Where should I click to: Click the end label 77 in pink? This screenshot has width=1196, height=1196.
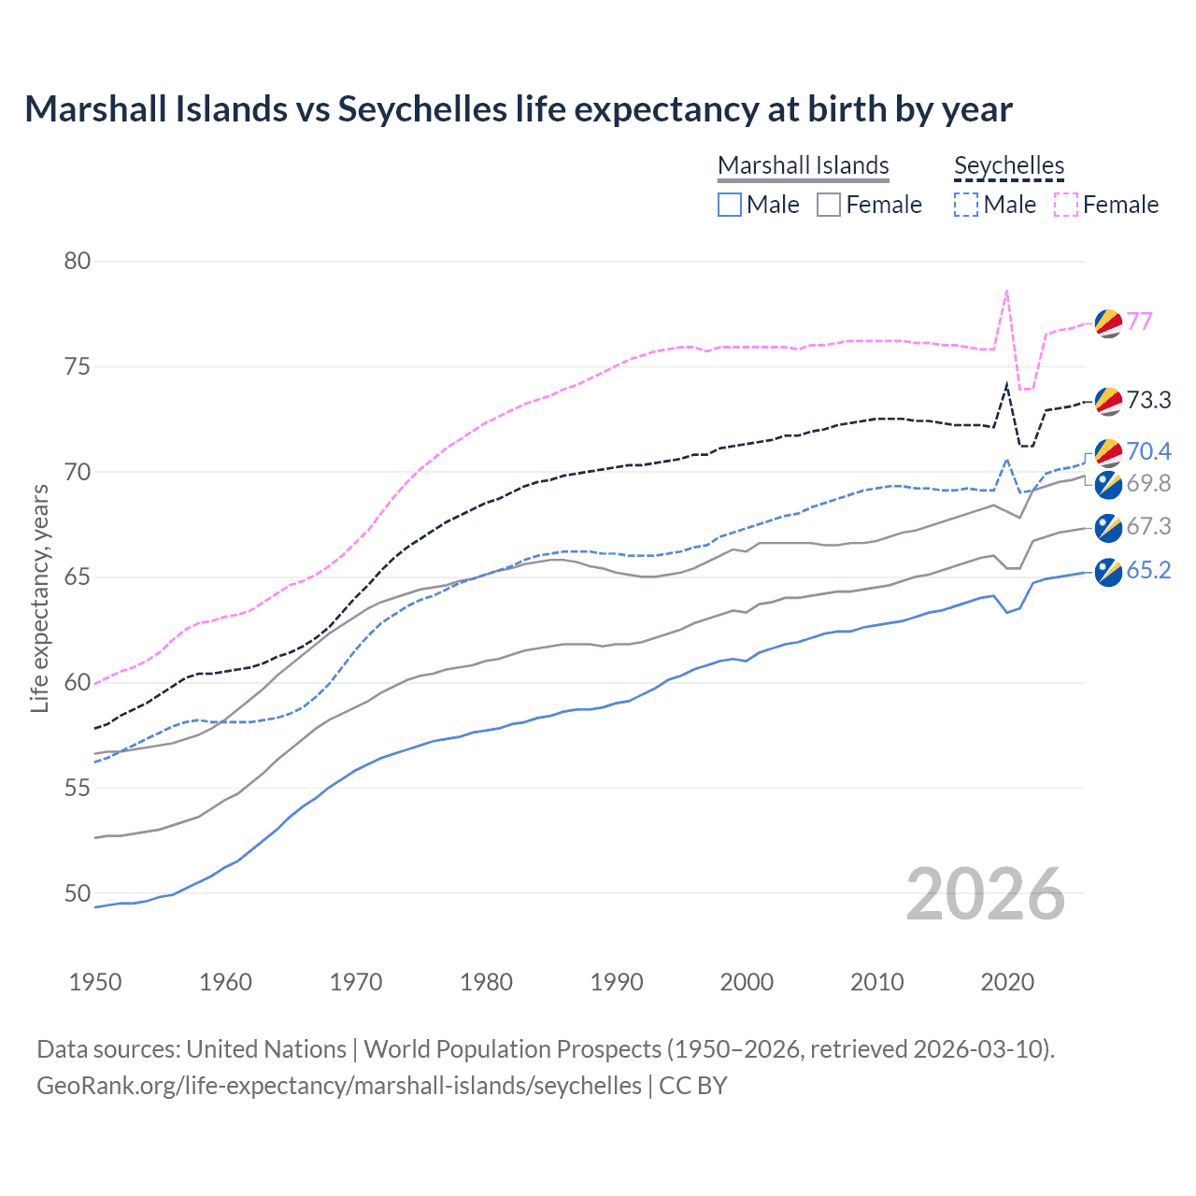[1139, 321]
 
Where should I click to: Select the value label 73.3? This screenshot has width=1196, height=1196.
[1148, 400]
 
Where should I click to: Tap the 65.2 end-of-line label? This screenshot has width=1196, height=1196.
[1148, 570]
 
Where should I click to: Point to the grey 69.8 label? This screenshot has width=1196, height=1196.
[1148, 483]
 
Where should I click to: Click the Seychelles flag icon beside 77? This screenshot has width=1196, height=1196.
[1108, 322]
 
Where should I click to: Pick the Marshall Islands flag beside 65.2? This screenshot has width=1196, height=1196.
[1108, 572]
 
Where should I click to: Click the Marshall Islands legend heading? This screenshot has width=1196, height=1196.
[803, 165]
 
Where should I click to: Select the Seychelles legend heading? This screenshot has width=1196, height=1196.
[1009, 165]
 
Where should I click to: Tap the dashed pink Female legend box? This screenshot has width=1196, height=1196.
[1066, 205]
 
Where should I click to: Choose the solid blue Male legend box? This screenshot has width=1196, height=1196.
[730, 205]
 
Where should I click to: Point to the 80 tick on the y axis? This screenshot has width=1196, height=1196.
[78, 261]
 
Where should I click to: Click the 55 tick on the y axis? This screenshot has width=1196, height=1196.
[78, 788]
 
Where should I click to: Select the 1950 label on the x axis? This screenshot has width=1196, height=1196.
[95, 982]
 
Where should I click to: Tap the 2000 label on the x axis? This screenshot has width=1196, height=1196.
[747, 982]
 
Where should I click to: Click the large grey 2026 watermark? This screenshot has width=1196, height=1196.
[986, 894]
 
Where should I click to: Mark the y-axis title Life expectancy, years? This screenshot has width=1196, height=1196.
[39, 598]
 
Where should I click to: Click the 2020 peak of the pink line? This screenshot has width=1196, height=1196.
[1006, 291]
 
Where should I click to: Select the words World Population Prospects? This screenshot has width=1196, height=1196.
[512, 1049]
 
